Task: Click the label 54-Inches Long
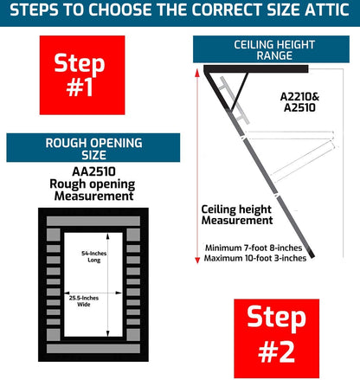93,256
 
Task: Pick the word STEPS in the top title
40,11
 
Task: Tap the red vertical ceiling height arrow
197,173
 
